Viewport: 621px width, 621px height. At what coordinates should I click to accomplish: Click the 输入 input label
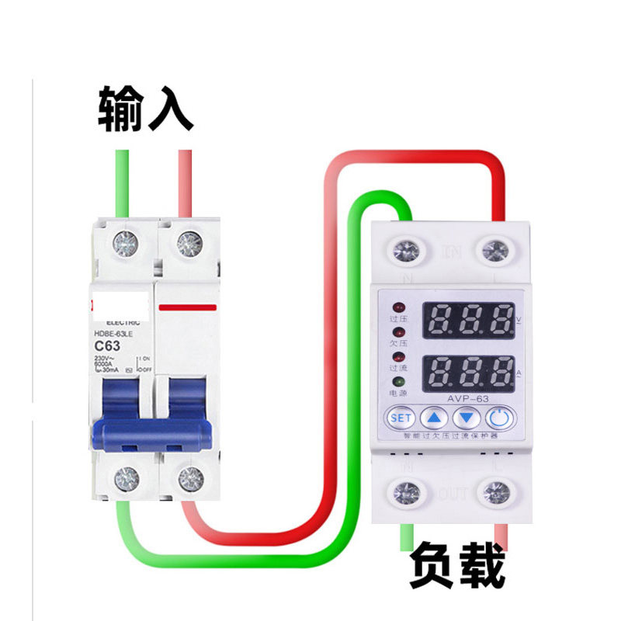(145, 109)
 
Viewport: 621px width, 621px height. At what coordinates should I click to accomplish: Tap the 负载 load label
(458, 567)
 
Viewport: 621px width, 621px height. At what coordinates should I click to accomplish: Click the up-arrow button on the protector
(435, 418)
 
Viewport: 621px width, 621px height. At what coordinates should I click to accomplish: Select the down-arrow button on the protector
(467, 418)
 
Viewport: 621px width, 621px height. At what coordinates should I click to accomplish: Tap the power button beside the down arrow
(501, 418)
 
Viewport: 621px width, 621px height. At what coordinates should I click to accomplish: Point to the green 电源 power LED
(398, 383)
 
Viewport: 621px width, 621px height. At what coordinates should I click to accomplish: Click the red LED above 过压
(398, 307)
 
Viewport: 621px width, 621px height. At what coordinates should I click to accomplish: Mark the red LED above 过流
(398, 357)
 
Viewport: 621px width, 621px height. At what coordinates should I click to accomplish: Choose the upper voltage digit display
(467, 318)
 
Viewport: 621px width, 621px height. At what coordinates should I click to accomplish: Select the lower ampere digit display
(467, 373)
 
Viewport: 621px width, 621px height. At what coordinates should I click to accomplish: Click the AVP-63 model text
(467, 399)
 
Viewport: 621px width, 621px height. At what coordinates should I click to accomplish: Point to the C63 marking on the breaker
(107, 345)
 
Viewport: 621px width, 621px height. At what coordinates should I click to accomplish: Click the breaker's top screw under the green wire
(125, 244)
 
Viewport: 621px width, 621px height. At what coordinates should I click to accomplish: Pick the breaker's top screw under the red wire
(188, 244)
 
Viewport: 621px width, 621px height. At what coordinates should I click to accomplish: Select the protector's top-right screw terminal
(495, 251)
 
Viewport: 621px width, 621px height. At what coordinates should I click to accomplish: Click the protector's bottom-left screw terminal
(404, 492)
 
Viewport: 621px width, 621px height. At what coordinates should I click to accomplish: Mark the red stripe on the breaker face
(187, 307)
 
